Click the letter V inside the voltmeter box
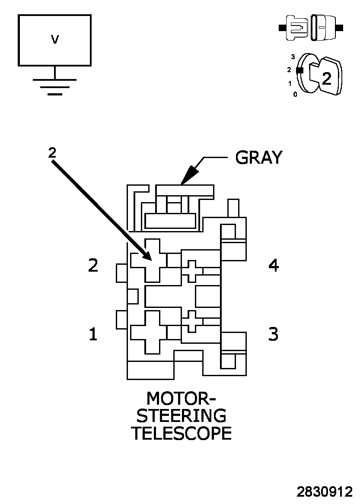point(54,40)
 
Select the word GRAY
point(258,158)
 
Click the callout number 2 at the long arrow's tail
point(52,152)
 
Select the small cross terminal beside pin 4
point(191,271)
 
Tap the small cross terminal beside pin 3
point(191,321)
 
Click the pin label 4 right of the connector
point(274,265)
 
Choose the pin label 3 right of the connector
point(273,334)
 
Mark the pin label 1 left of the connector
point(93,334)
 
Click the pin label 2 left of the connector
point(93,265)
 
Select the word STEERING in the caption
point(181,415)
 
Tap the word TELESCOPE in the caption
point(181,433)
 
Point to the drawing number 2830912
point(324,492)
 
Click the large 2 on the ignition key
point(327,78)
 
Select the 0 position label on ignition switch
point(295,94)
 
